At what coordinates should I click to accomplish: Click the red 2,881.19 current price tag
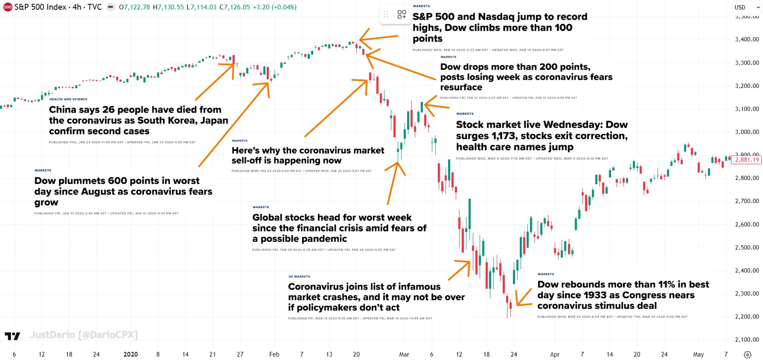point(747,160)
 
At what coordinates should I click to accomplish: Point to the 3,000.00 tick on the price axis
point(747,132)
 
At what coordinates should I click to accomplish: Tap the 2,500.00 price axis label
point(747,247)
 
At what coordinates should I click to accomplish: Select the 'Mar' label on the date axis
point(404,354)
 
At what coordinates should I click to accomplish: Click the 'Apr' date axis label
point(554,354)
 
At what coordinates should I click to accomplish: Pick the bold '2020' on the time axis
point(131,354)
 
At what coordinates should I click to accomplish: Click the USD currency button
point(740,7)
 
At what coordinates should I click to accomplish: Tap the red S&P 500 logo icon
point(8,7)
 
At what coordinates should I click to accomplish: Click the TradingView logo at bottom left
point(12,336)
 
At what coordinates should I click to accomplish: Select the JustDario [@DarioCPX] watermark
point(84,335)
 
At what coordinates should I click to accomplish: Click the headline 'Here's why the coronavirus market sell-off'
point(308,155)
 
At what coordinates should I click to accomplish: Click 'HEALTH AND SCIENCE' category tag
point(68,99)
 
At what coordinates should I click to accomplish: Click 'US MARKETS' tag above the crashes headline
point(299,277)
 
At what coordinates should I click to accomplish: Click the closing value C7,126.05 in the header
point(235,7)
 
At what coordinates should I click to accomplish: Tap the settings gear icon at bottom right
point(748,354)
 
